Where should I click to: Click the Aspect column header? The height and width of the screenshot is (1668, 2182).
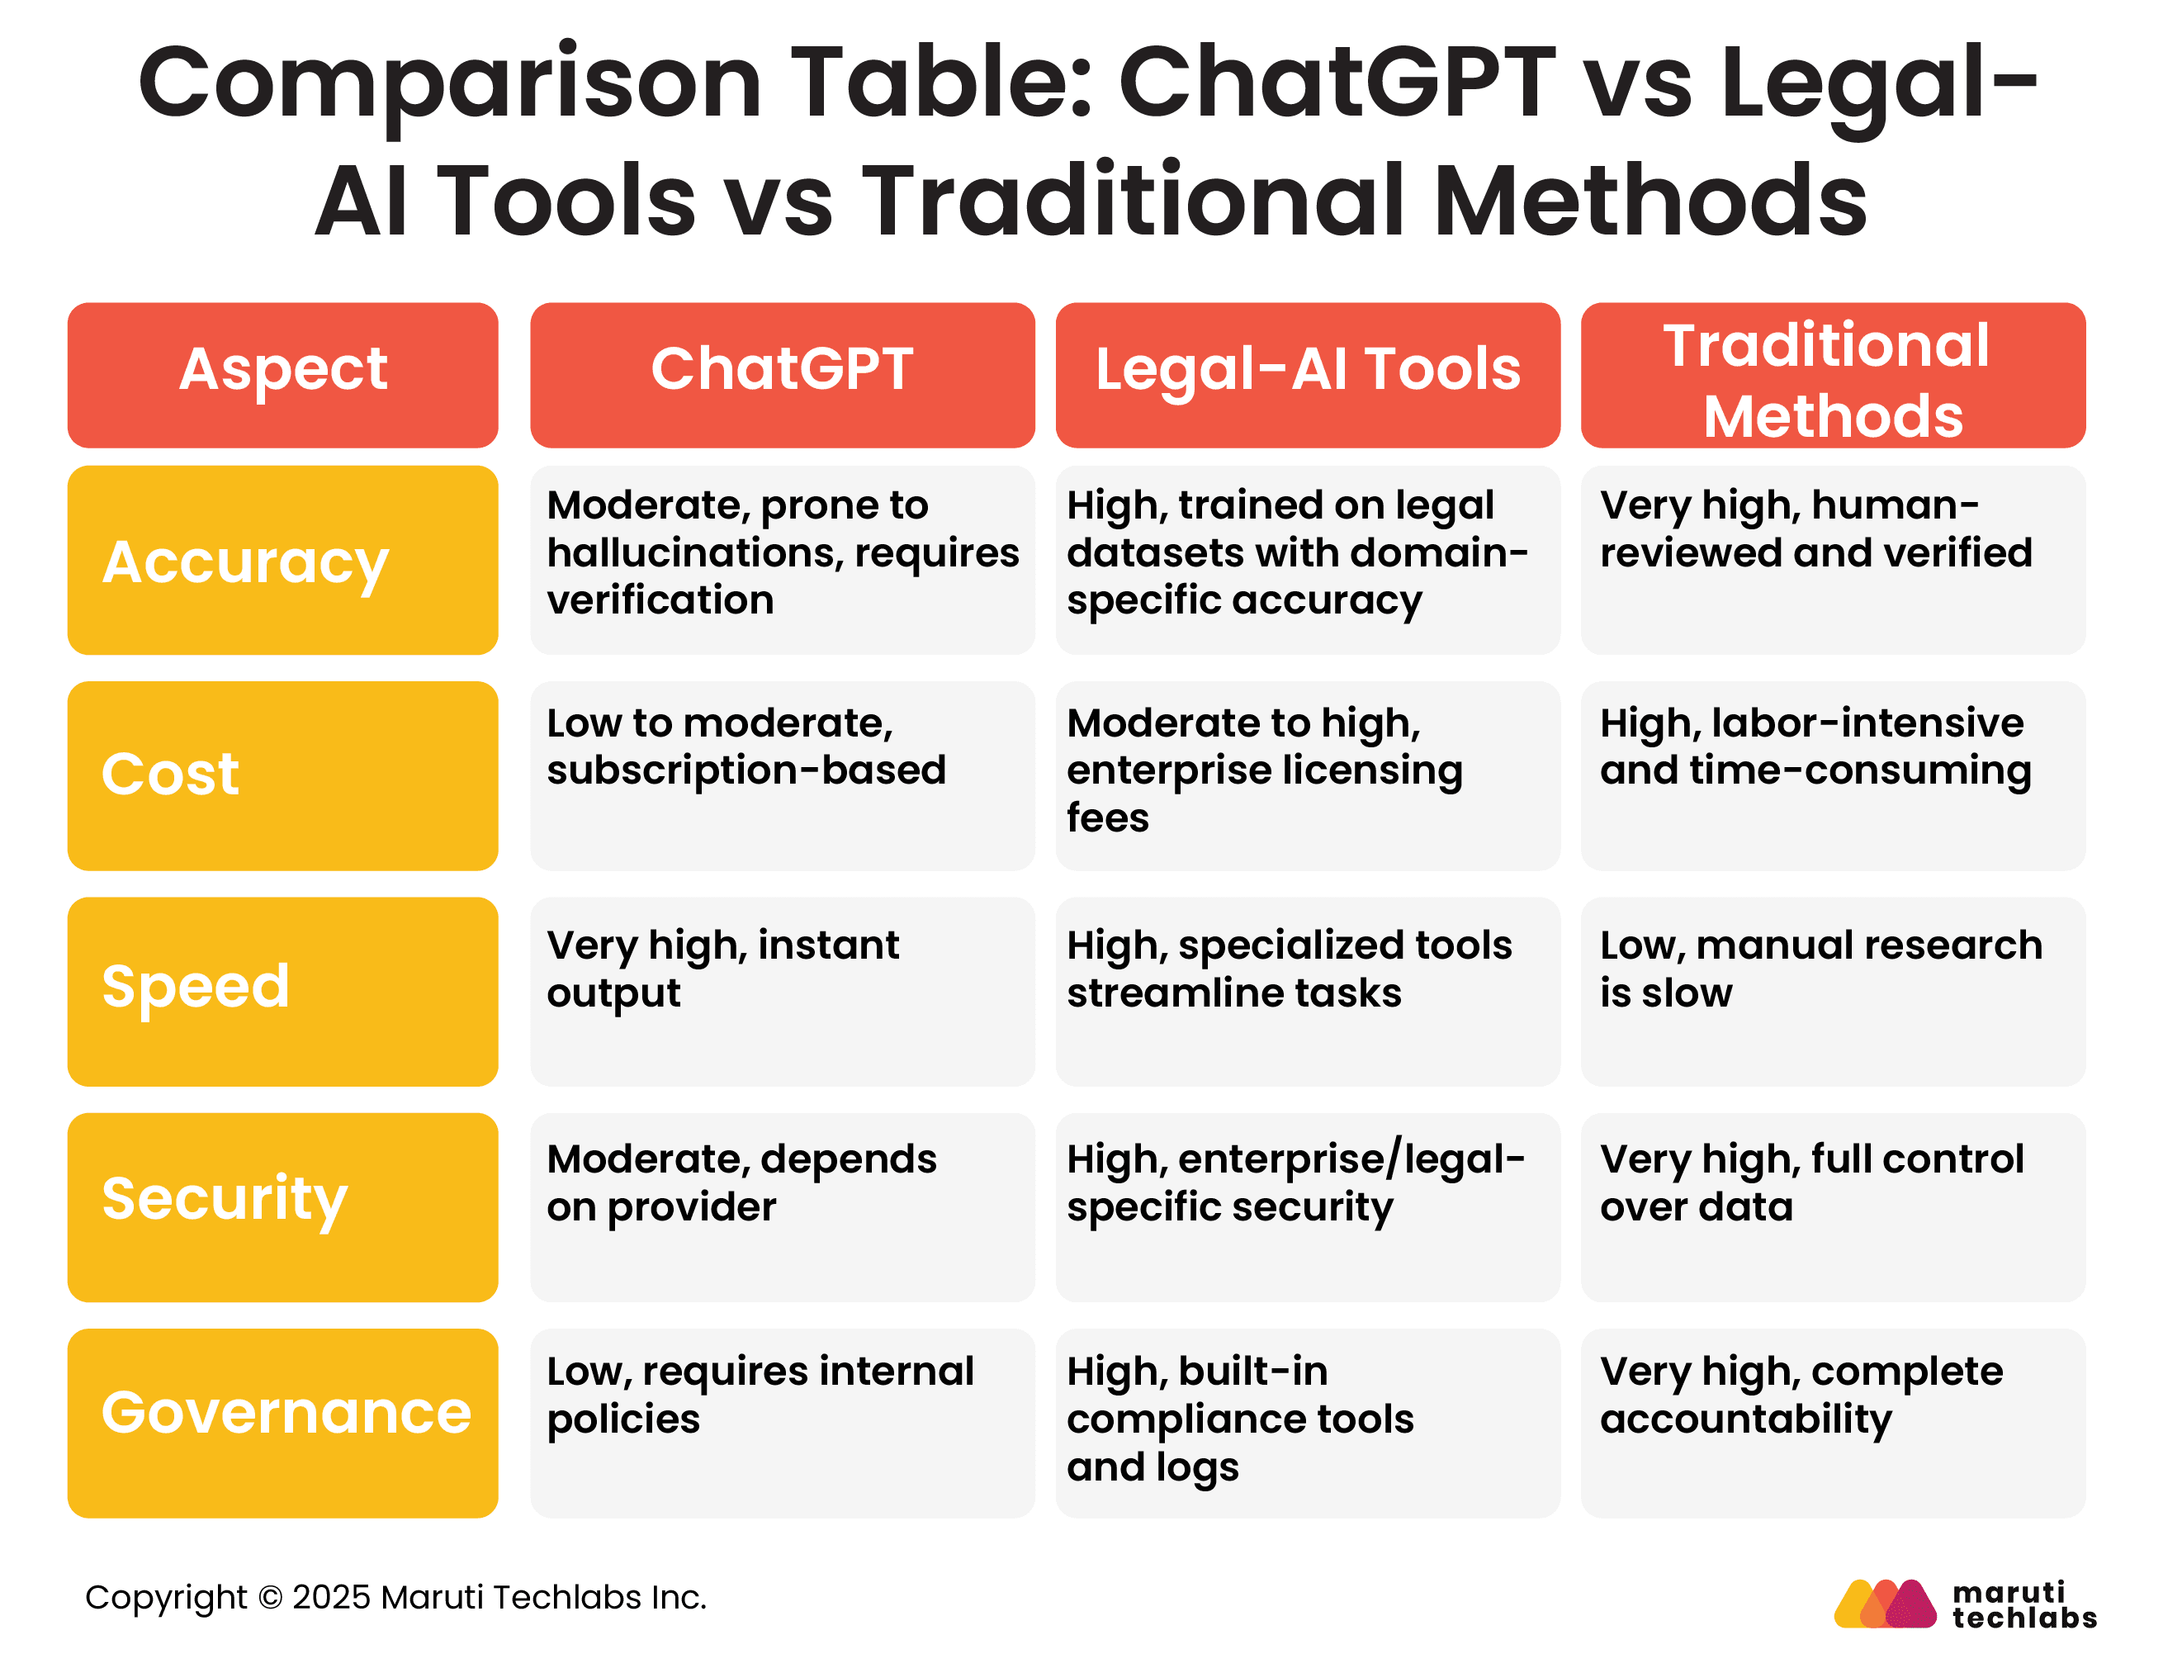tap(283, 375)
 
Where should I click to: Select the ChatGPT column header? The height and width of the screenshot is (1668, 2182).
tap(783, 375)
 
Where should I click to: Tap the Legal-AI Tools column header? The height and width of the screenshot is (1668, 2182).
tap(1308, 375)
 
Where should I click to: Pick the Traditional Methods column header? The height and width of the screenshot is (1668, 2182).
tap(1833, 375)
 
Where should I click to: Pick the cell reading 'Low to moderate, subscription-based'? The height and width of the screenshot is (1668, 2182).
tap(783, 775)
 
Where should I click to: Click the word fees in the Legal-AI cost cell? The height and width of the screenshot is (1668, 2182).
tap(1107, 817)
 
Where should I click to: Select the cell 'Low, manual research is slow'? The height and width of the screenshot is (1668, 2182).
tap(1833, 992)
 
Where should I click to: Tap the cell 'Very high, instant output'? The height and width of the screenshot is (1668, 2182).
tap(783, 992)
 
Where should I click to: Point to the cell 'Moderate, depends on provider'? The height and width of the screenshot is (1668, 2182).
tap(783, 1207)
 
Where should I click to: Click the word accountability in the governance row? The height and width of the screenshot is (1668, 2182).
tap(1745, 1419)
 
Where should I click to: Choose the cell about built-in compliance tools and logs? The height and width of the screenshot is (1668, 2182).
tap(1308, 1423)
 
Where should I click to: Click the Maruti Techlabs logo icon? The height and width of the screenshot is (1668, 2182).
tap(1884, 1604)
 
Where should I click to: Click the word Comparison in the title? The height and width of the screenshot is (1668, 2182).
tap(450, 84)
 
